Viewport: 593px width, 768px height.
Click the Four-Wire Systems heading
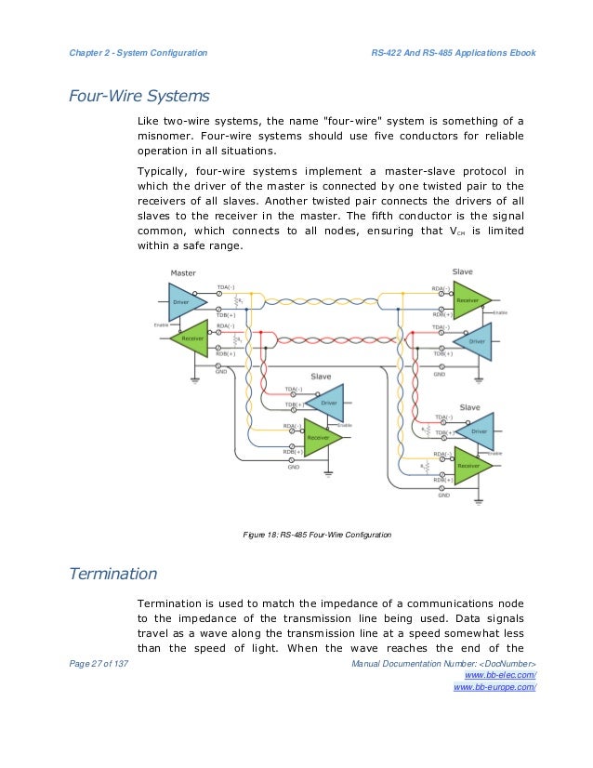pyautogui.click(x=139, y=96)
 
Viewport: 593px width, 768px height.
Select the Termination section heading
pyautogui.click(x=113, y=573)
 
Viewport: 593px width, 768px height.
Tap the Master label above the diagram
pyautogui.click(x=183, y=271)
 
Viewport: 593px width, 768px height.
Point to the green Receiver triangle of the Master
pyautogui.click(x=191, y=338)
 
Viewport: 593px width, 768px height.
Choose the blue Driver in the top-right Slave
pyautogui.click(x=474, y=341)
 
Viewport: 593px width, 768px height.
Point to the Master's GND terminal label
pyautogui.click(x=221, y=370)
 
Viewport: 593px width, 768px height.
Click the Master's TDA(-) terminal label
pyautogui.click(x=226, y=286)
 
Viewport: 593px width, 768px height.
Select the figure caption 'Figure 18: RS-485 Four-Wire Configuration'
pyautogui.click(x=316, y=535)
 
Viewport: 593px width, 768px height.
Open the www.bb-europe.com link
pyautogui.click(x=494, y=687)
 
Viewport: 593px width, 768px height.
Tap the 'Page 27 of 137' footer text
pyautogui.click(x=99, y=662)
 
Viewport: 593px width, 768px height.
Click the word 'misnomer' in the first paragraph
pyautogui.click(x=164, y=135)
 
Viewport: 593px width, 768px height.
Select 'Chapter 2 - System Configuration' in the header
pyautogui.click(x=138, y=52)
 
